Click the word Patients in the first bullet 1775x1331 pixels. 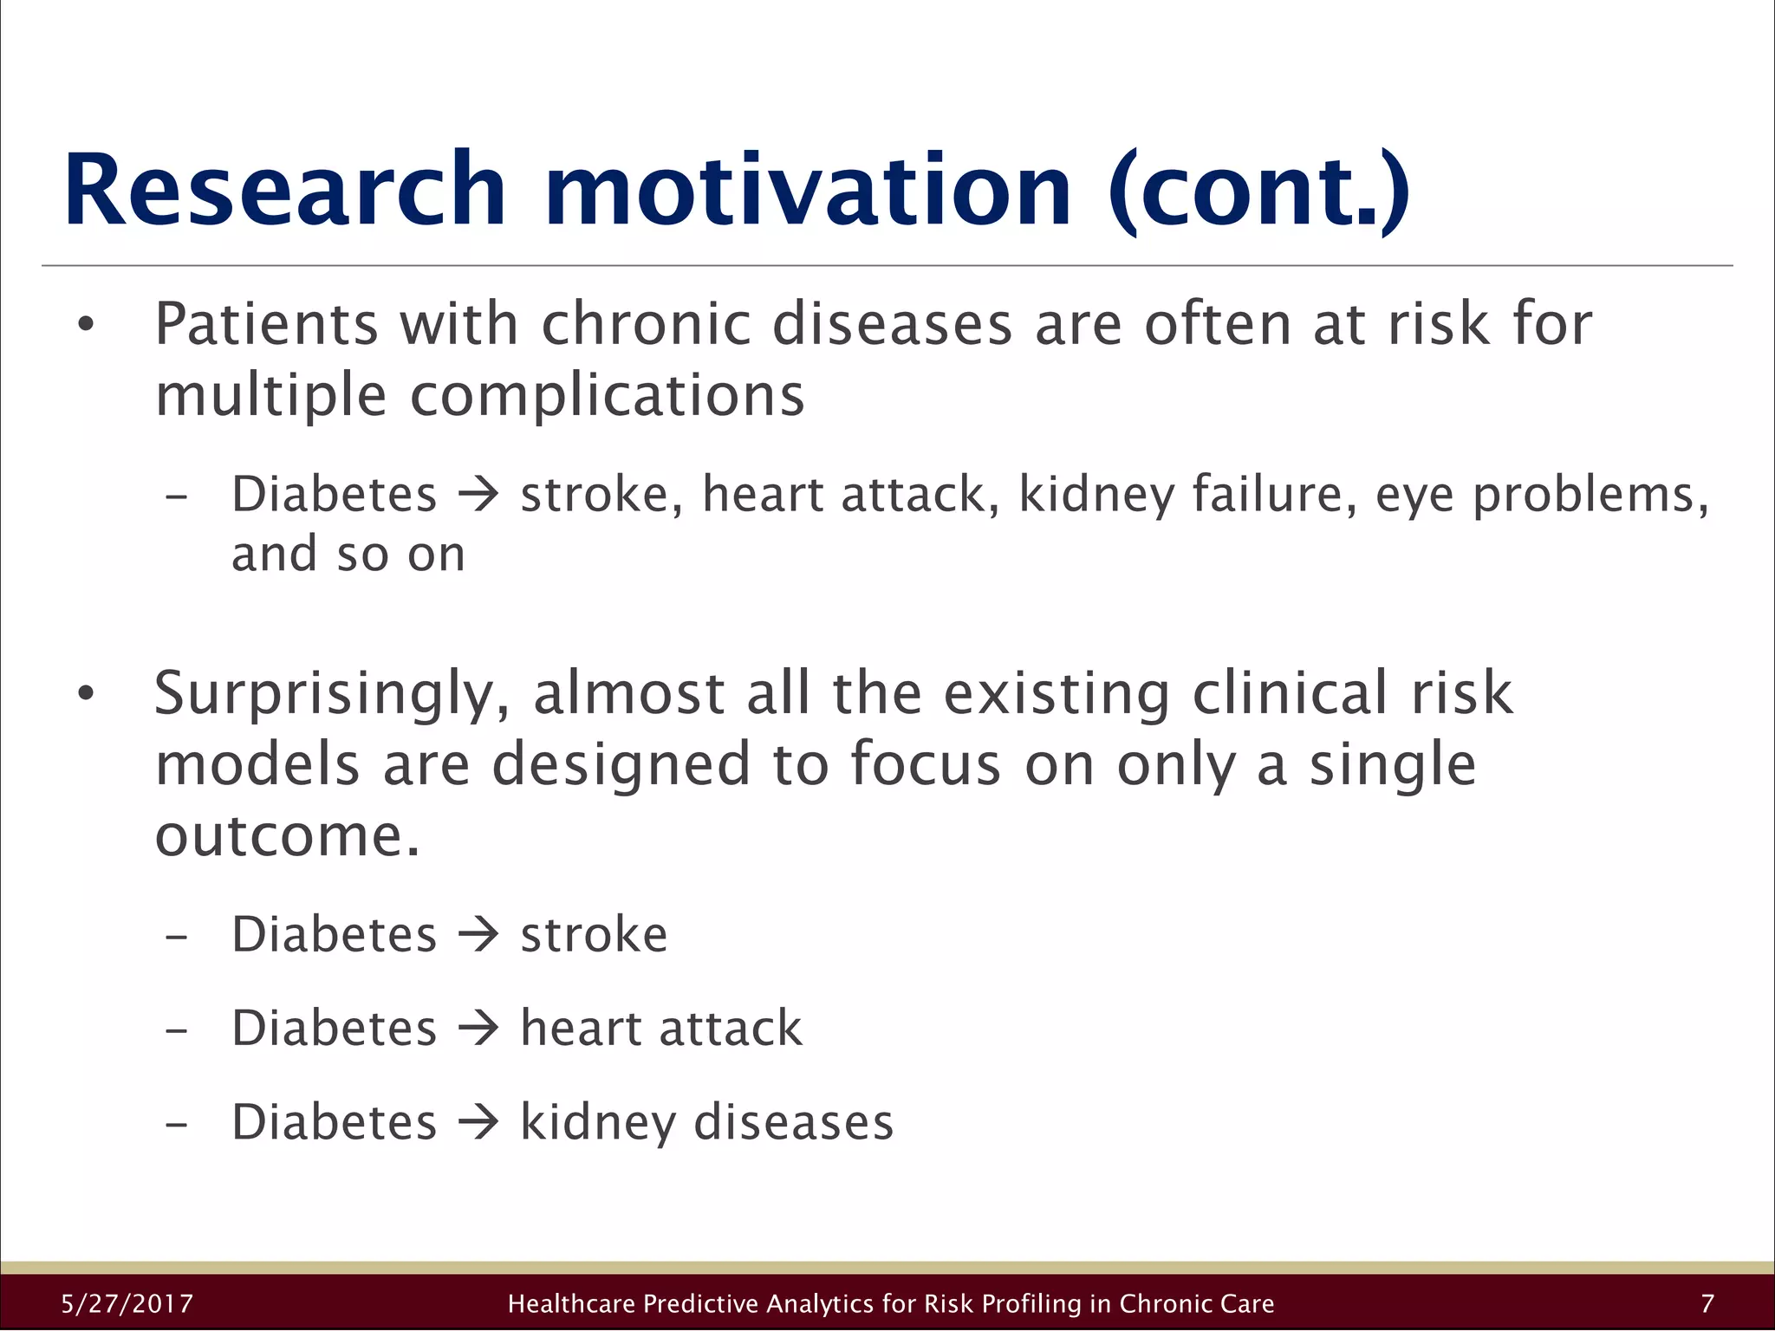coord(267,324)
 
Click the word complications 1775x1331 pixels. coord(607,397)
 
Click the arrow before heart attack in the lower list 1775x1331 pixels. coord(478,1029)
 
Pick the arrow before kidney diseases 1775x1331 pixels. coord(478,1122)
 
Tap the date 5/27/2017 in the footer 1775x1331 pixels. coord(127,1303)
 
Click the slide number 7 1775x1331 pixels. coord(1707,1303)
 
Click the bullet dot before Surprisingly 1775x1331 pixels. coord(85,694)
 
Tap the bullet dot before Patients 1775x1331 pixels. coord(85,326)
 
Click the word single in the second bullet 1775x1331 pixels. coord(1392,767)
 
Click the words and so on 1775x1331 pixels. coord(348,555)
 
